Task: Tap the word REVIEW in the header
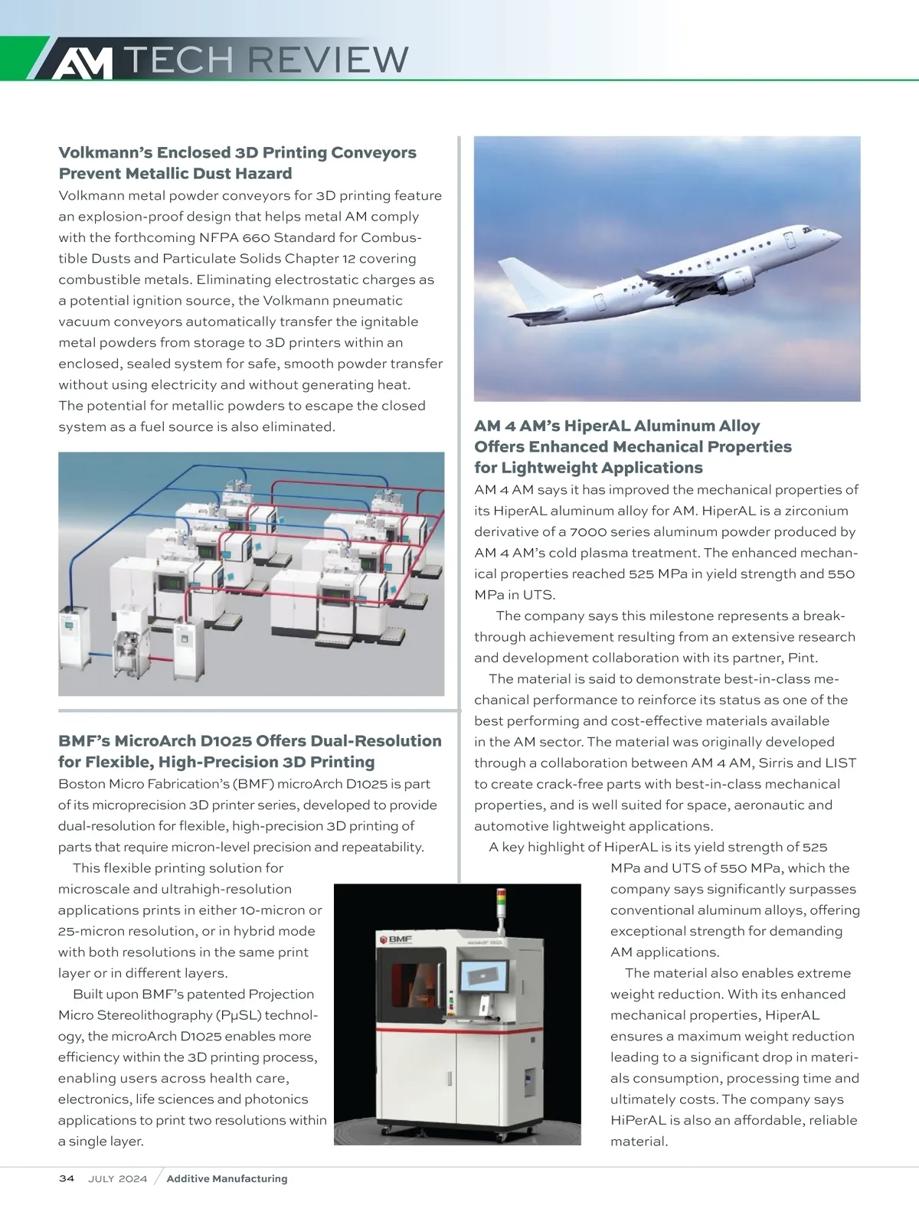pos(329,60)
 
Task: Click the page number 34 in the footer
pos(67,1178)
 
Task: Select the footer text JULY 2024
pos(117,1178)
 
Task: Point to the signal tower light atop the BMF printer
pos(502,903)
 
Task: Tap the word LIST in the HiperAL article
pos(840,763)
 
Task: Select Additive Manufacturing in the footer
pos(227,1178)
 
